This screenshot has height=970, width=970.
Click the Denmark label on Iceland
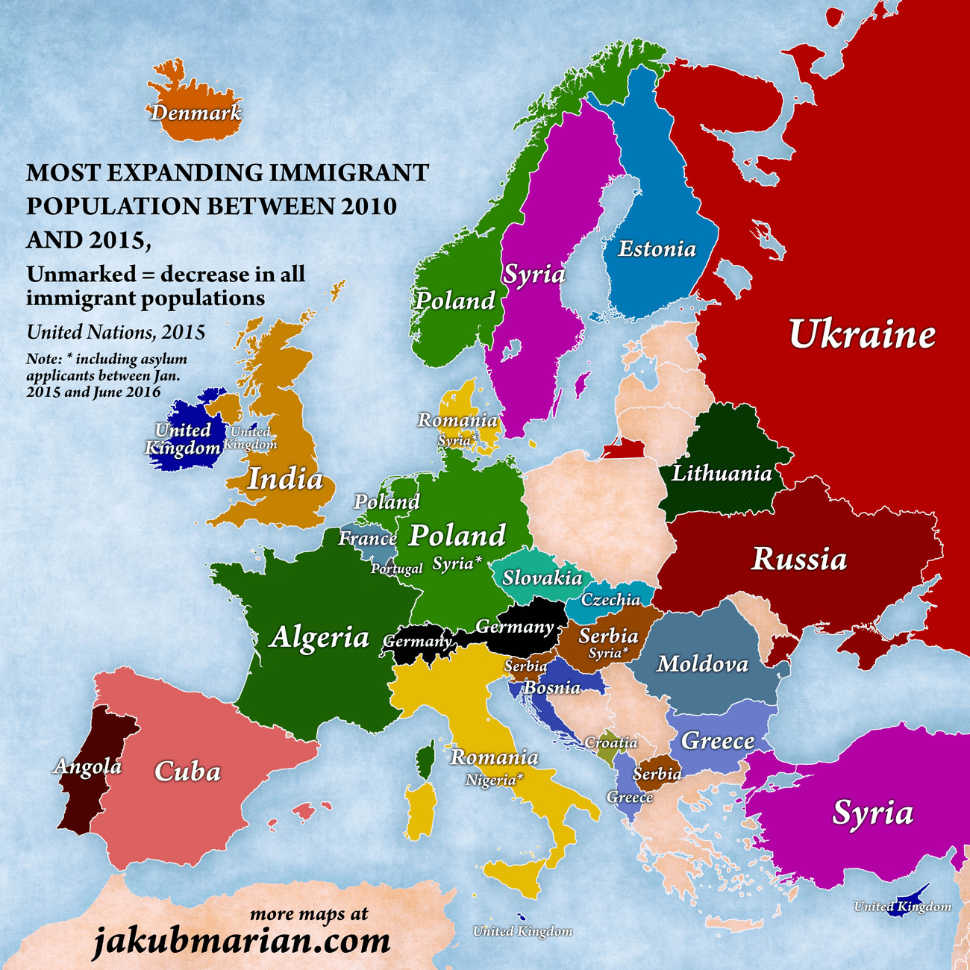click(x=196, y=113)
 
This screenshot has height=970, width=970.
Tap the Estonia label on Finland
click(x=657, y=248)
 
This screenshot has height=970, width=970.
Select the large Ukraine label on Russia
click(x=862, y=334)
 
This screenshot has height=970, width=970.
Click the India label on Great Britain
click(x=285, y=478)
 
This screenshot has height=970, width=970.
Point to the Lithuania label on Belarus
click(x=722, y=473)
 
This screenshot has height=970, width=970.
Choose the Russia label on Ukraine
click(x=799, y=559)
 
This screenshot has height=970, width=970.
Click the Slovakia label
click(x=542, y=578)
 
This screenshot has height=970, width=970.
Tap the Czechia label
click(x=610, y=600)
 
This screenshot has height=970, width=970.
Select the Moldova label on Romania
click(x=702, y=663)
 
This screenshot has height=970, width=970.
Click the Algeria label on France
click(x=319, y=637)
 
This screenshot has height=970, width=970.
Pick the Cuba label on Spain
click(x=187, y=772)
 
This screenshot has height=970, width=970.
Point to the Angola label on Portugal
click(x=87, y=766)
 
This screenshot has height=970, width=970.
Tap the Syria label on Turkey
click(x=872, y=813)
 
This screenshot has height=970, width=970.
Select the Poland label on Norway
click(x=454, y=301)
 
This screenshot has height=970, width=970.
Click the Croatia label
click(x=610, y=743)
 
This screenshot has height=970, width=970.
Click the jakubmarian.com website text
click(x=241, y=941)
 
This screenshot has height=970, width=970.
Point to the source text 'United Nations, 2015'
click(x=116, y=332)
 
